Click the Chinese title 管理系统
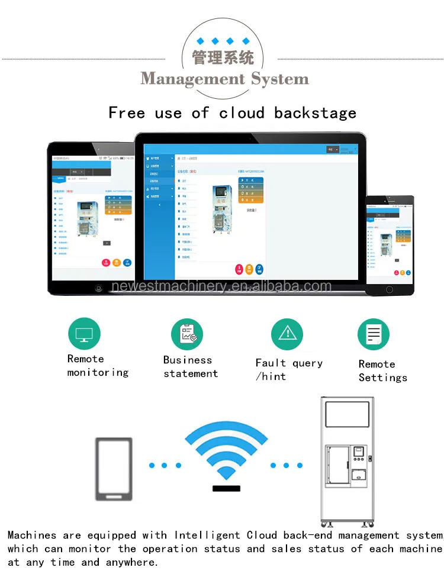click(223, 58)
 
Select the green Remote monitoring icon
click(84, 334)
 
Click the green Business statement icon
click(187, 334)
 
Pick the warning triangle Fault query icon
click(287, 334)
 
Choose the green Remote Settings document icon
click(374, 334)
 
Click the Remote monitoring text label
click(97, 366)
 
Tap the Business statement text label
click(190, 367)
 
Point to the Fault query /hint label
click(288, 370)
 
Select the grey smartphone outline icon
click(114, 469)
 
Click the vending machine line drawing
click(348, 462)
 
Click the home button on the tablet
click(98, 288)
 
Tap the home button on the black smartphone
click(389, 289)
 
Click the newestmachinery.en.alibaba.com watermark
click(221, 287)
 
